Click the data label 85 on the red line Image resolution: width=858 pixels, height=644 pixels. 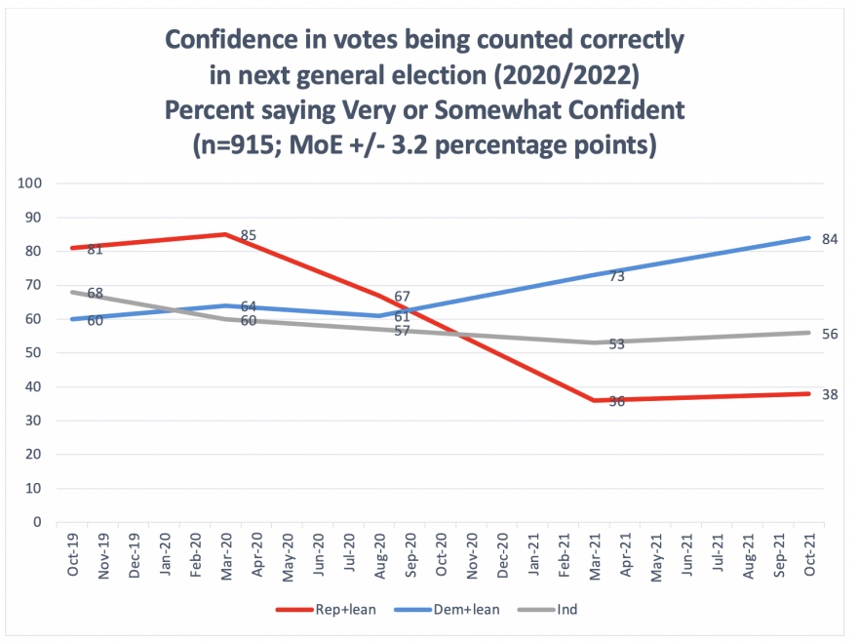(248, 235)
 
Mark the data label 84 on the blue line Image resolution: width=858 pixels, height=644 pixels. (830, 239)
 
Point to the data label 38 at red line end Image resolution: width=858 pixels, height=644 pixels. (830, 394)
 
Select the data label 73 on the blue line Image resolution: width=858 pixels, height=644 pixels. (616, 276)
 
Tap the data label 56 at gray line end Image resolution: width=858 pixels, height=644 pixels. (830, 334)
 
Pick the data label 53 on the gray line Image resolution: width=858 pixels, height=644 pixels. (616, 344)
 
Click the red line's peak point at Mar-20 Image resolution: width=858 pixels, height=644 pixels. (226, 234)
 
